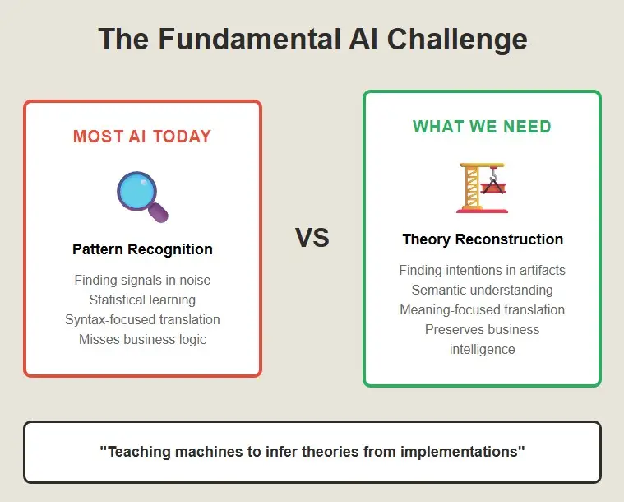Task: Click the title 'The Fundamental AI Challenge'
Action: (x=312, y=39)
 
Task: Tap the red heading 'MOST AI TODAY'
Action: (x=142, y=137)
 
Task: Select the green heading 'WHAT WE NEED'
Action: (x=482, y=127)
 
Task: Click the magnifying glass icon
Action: (x=142, y=197)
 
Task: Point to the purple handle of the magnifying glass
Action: (x=159, y=212)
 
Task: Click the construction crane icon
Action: (x=482, y=188)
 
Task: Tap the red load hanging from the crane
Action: (x=493, y=188)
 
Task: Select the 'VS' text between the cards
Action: (x=312, y=238)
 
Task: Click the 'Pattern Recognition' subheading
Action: (x=142, y=249)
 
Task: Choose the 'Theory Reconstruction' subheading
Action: (x=483, y=239)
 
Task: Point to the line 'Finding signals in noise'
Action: (x=142, y=280)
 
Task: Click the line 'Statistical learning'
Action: (x=142, y=300)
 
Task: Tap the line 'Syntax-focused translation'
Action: (x=142, y=319)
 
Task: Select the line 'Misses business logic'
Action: (x=142, y=339)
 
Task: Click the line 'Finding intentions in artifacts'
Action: (x=483, y=270)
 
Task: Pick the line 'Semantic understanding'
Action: (x=483, y=290)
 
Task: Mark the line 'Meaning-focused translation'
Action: (x=483, y=309)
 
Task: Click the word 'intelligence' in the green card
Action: (x=483, y=350)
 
